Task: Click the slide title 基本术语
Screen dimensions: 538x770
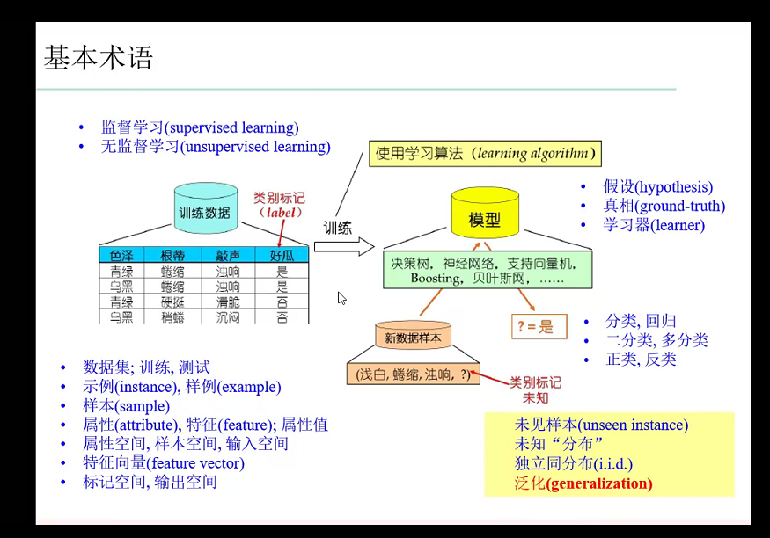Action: [x=99, y=58]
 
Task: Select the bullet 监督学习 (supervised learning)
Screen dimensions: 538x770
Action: [x=200, y=127]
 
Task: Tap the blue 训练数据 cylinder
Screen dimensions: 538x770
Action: [x=204, y=211]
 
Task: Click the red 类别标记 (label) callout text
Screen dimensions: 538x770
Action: [x=278, y=205]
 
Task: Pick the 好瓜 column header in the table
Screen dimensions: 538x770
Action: [x=282, y=256]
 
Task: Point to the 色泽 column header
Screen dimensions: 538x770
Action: [x=121, y=256]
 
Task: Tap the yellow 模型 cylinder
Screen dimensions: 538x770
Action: [x=484, y=218]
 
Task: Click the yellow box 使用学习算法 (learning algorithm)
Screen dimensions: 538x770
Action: [x=484, y=154]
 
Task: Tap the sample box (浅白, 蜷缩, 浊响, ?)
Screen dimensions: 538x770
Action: [x=412, y=374]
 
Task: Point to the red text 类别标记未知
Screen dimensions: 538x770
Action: [x=535, y=390]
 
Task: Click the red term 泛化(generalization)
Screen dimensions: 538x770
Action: [x=583, y=483]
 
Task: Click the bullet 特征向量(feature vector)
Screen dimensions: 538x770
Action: [x=164, y=463]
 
